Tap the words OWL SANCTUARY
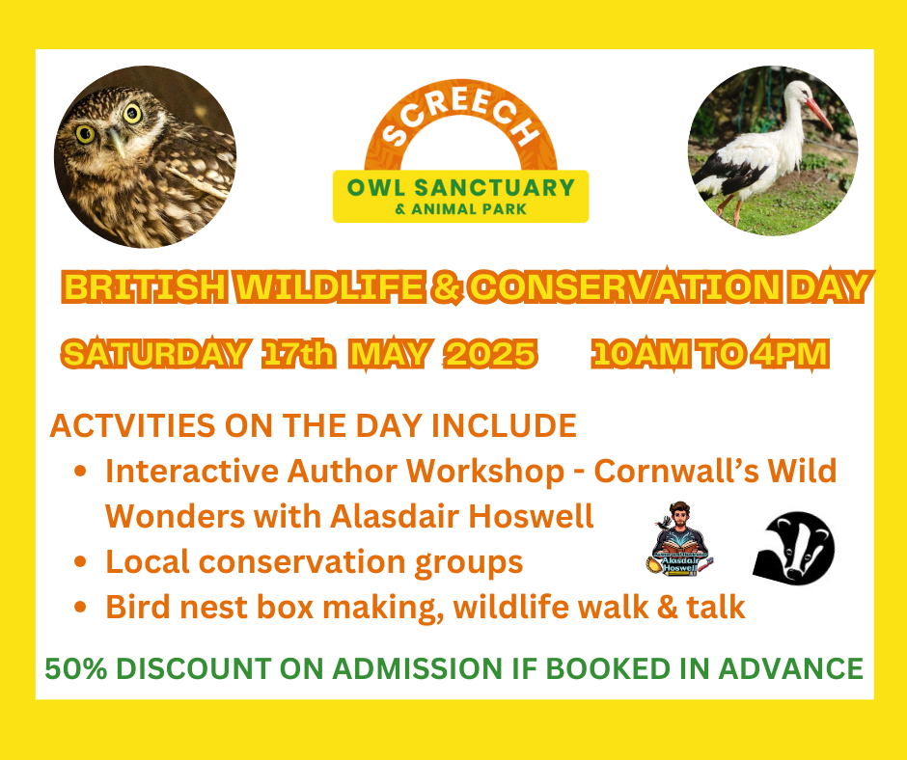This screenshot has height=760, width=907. click(461, 188)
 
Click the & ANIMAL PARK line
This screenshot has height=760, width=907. click(460, 208)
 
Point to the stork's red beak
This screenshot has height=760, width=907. click(819, 114)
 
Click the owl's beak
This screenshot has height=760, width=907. click(118, 143)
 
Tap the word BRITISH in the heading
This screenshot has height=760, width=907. click(144, 286)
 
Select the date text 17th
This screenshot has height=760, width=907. click(298, 353)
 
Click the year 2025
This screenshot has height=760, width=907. click(490, 353)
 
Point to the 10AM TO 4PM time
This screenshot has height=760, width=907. click(710, 353)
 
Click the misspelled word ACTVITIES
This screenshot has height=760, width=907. click(132, 425)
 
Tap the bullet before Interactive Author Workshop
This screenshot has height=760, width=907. click(80, 471)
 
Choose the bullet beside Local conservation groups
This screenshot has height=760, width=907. click(80, 561)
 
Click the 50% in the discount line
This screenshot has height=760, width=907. click(76, 668)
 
